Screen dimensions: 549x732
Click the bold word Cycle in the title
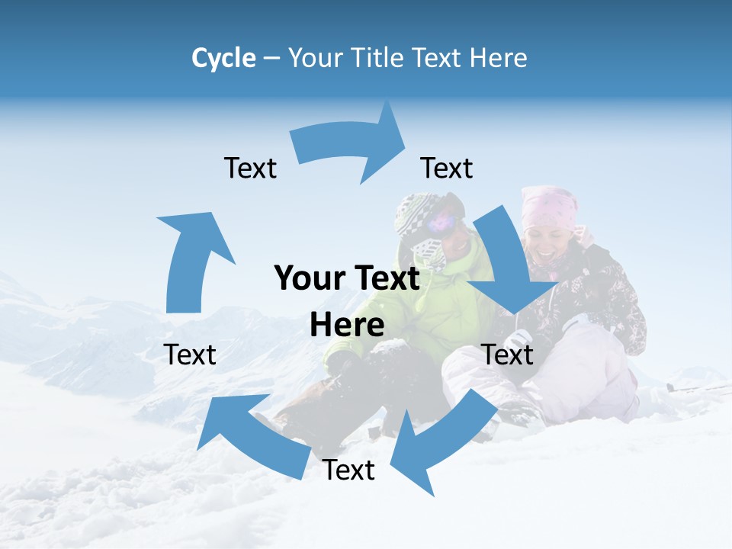[x=223, y=58]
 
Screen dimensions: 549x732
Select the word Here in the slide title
[x=499, y=58]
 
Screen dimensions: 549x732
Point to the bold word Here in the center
[x=347, y=325]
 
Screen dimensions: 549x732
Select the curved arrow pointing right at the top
[x=351, y=145]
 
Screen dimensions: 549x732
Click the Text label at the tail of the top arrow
[x=250, y=168]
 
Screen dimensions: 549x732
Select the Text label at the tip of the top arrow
[x=447, y=168]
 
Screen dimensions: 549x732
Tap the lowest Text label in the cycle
[x=348, y=470]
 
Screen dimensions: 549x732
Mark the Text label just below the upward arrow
[x=190, y=355]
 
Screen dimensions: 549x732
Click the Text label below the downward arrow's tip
[x=508, y=355]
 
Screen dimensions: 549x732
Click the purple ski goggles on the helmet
[x=442, y=223]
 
